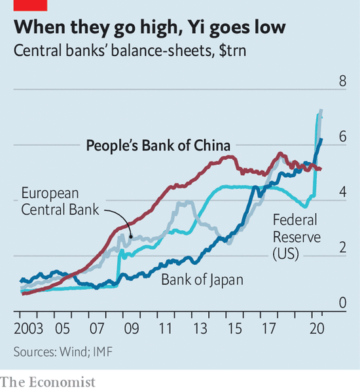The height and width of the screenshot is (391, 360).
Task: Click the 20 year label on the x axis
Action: click(317, 328)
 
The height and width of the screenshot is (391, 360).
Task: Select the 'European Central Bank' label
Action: click(60, 201)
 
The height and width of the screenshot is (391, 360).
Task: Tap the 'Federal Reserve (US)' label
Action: click(297, 237)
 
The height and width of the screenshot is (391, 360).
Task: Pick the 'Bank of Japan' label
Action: click(202, 280)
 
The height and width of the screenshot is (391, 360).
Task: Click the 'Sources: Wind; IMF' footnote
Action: click(63, 352)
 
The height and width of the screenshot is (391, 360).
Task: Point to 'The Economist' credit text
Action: click(47, 381)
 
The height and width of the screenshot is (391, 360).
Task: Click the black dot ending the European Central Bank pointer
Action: click(131, 236)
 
